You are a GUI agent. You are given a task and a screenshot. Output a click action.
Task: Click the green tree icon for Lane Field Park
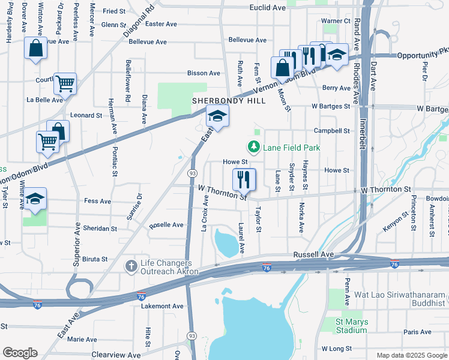click(254, 147)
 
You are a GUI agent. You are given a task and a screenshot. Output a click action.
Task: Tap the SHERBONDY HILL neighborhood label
click(220, 101)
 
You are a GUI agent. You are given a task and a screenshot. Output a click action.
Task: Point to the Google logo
click(20, 352)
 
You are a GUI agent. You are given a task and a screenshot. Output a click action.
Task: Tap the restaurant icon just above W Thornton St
click(244, 179)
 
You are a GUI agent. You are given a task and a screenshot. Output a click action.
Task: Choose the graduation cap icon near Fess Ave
click(35, 200)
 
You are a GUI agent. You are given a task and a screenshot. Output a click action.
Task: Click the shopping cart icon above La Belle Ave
click(65, 84)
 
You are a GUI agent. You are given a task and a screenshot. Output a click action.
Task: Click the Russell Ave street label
click(313, 254)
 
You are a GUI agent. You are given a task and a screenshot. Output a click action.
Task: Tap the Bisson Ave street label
click(203, 73)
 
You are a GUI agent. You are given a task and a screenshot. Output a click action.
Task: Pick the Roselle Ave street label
click(166, 225)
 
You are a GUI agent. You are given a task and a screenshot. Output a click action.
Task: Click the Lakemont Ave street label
click(162, 306)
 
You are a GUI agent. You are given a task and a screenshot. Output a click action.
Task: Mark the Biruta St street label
click(95, 260)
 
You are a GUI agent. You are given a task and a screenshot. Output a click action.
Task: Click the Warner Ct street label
click(336, 21)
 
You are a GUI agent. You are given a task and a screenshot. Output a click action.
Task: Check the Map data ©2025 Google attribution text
click(411, 355)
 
